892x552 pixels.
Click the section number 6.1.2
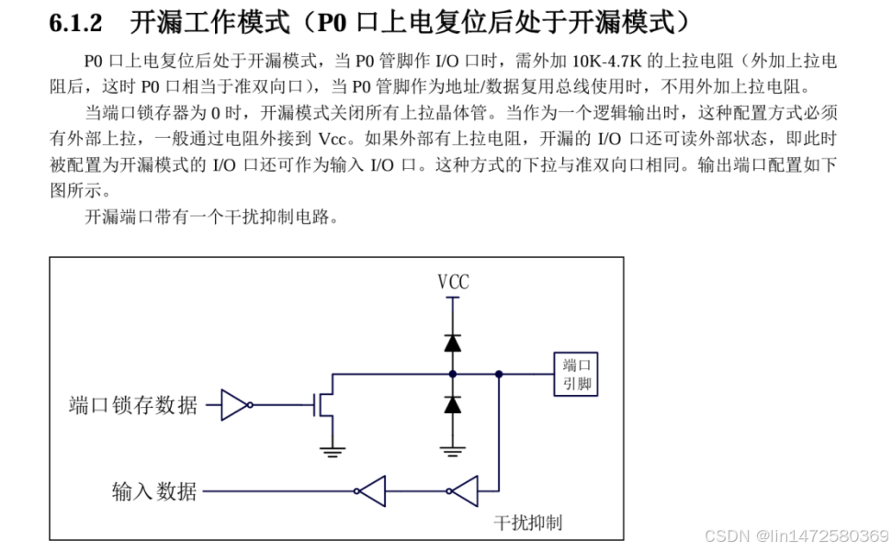click(x=75, y=21)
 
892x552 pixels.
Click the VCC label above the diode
click(x=452, y=282)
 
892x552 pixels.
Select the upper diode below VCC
click(x=452, y=343)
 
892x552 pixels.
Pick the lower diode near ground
click(x=452, y=404)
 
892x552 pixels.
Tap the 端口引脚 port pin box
click(x=575, y=375)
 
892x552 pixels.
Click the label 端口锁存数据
click(x=133, y=405)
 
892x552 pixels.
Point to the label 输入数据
click(x=154, y=491)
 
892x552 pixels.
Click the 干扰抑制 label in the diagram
click(x=528, y=523)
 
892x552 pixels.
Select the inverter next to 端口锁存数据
click(x=235, y=404)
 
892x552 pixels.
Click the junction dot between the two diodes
click(x=452, y=374)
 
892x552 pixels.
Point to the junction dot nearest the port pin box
click(x=498, y=374)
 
